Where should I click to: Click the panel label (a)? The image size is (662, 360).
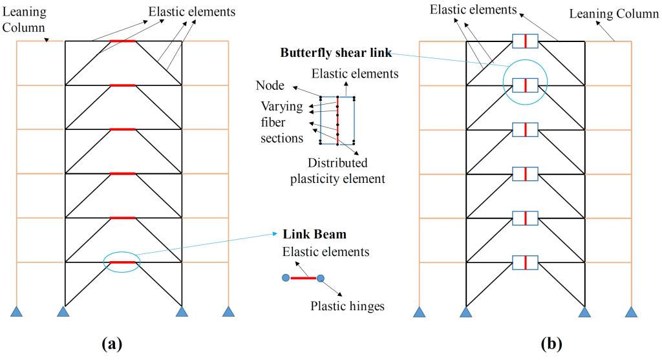pyautogui.click(x=112, y=343)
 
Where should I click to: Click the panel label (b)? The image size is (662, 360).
pyautogui.click(x=551, y=343)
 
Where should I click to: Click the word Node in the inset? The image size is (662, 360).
pyautogui.click(x=269, y=85)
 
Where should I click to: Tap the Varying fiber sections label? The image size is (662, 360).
pyautogui.click(x=281, y=122)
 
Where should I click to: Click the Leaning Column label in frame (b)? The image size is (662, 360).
pyautogui.click(x=614, y=14)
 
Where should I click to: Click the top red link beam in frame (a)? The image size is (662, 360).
pyautogui.click(x=123, y=41)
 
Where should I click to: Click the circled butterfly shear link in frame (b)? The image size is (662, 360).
pyautogui.click(x=525, y=85)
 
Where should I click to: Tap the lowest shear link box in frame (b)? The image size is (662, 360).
pyautogui.click(x=525, y=262)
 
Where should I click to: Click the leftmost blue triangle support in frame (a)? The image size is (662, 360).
pyautogui.click(x=17, y=312)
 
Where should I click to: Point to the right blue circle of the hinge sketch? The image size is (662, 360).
pyautogui.click(x=320, y=278)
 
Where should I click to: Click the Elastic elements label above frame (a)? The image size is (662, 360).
pyautogui.click(x=183, y=12)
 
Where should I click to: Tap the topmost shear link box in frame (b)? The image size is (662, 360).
pyautogui.click(x=525, y=41)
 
